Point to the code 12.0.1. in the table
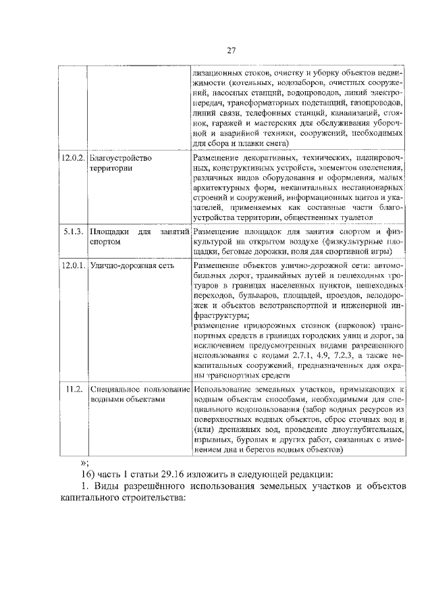pos(72,265)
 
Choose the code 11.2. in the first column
pos(74,389)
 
